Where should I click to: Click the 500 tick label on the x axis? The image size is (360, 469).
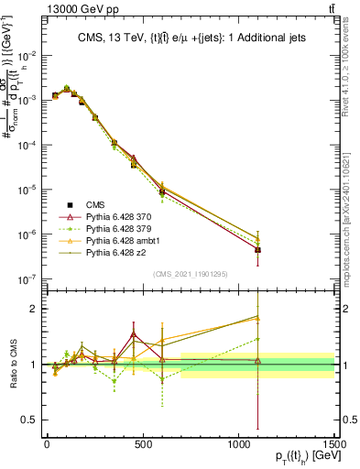pyautogui.click(x=143, y=444)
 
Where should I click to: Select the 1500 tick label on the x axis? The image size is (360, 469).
pyautogui.click(x=334, y=444)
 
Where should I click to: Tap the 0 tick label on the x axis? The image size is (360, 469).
pyautogui.click(x=47, y=444)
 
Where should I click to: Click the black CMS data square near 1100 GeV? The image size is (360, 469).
pyautogui.click(x=258, y=250)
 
